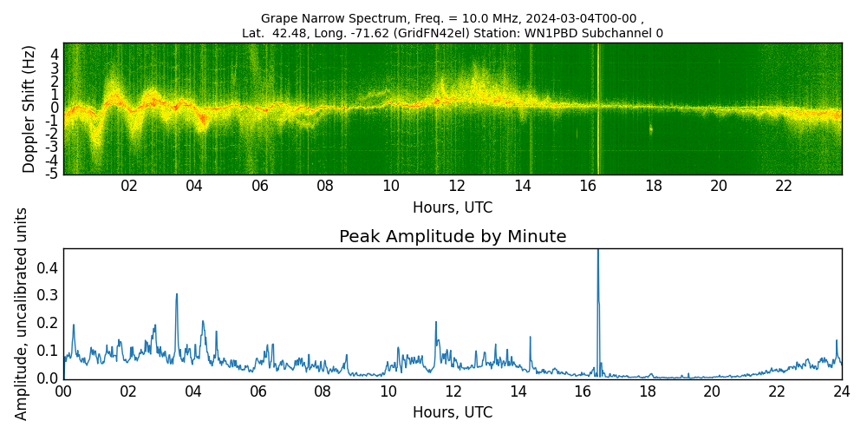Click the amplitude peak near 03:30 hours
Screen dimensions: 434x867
pyautogui.click(x=177, y=295)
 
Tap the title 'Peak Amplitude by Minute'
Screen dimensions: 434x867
pyautogui.click(x=453, y=237)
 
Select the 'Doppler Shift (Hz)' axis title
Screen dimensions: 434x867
pyautogui.click(x=29, y=108)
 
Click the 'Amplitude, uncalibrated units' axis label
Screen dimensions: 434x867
pyautogui.click(x=23, y=313)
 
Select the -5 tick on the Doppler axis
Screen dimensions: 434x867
pyautogui.click(x=52, y=174)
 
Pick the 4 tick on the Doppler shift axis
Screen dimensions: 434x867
pyautogui.click(x=55, y=54)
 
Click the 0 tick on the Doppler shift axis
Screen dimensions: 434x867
pyautogui.click(x=55, y=108)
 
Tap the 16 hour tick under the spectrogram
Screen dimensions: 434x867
pyautogui.click(x=588, y=186)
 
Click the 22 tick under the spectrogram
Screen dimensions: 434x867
pyautogui.click(x=784, y=186)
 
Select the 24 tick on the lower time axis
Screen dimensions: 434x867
pyautogui.click(x=841, y=391)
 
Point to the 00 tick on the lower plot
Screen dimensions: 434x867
pyautogui.click(x=63, y=391)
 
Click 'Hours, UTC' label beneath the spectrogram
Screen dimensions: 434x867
pyautogui.click(x=453, y=207)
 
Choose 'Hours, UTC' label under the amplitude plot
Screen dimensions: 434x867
pyautogui.click(x=453, y=412)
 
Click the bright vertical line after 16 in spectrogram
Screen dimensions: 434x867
pyautogui.click(x=598, y=108)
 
